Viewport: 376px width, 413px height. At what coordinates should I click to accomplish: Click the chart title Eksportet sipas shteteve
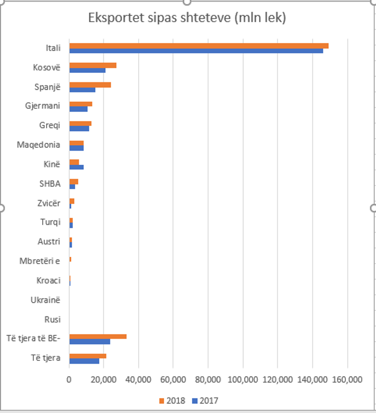(187, 18)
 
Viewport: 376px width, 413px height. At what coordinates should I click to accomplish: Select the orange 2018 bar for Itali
(199, 46)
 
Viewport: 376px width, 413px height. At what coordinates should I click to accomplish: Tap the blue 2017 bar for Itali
(196, 51)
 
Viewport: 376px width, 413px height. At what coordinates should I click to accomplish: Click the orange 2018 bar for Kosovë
(93, 65)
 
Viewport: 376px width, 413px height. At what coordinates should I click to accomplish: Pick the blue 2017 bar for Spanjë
(82, 90)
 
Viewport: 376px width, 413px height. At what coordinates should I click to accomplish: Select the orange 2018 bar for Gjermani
(81, 104)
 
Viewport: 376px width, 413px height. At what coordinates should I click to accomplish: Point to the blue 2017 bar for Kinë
(76, 167)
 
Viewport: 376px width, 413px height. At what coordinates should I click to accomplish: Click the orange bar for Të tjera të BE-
(98, 337)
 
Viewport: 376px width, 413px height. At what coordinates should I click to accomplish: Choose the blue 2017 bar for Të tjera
(84, 361)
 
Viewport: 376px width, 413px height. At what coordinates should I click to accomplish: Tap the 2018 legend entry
(172, 401)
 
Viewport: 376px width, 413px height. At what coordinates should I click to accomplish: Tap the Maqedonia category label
(38, 145)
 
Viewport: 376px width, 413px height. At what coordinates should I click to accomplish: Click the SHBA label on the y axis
(50, 184)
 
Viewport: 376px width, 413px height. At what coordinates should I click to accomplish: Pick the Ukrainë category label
(45, 300)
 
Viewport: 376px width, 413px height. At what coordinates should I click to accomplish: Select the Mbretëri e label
(40, 261)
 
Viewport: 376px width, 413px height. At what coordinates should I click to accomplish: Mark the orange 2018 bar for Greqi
(80, 124)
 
